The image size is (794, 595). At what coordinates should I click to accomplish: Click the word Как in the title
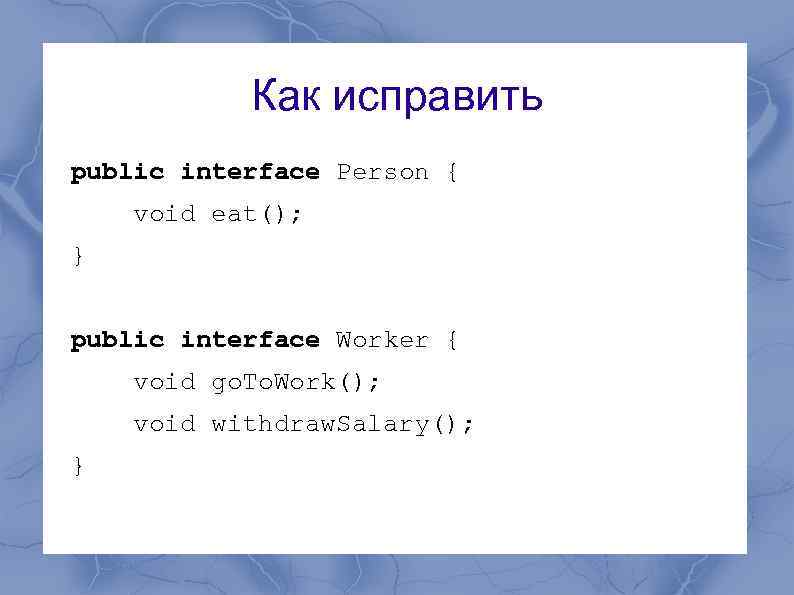(287, 97)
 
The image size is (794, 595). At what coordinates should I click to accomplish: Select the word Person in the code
(382, 172)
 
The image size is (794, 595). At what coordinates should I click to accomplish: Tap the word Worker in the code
(382, 340)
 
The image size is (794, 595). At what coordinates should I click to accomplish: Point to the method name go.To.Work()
(288, 382)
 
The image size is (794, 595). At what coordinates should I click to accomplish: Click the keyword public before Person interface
(117, 172)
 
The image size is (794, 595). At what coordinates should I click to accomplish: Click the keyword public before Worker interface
(117, 340)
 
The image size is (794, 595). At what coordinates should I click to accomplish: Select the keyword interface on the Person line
(249, 172)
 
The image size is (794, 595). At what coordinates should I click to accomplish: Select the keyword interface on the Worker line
(249, 340)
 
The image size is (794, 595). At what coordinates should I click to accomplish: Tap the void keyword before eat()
(164, 214)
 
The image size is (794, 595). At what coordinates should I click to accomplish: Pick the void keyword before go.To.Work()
(164, 382)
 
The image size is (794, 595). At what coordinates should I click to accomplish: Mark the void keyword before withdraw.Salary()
(164, 424)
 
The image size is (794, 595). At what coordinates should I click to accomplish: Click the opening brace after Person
(452, 172)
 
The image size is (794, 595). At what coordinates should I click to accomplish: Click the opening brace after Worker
(452, 340)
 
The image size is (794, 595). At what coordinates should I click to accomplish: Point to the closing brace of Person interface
(78, 257)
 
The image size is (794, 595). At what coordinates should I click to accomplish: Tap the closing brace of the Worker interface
(78, 466)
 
